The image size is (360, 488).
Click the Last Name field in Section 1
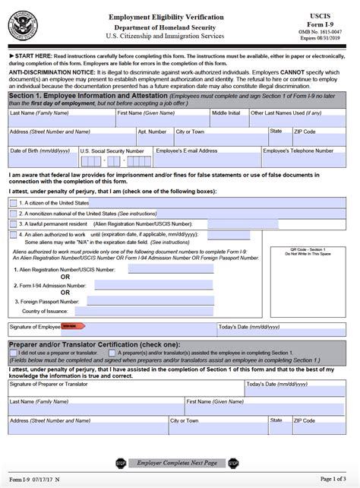click(x=61, y=121)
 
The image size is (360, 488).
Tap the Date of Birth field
click(x=42, y=160)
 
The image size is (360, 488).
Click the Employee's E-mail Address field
click(x=207, y=160)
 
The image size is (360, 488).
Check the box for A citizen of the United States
click(x=13, y=203)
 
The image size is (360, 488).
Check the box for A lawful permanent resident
click(x=13, y=224)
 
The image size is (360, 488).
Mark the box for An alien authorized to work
click(x=13, y=235)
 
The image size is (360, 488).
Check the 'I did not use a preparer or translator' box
click(x=13, y=353)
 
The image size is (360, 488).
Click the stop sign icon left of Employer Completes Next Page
click(x=119, y=462)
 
